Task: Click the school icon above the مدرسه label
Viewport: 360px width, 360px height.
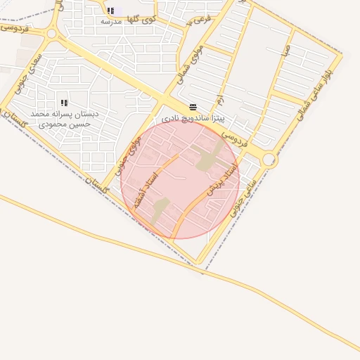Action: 110,11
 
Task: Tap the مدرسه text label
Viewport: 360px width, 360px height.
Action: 111,22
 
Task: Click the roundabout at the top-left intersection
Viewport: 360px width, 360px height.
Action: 51,33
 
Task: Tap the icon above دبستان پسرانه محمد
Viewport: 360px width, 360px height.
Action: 64,103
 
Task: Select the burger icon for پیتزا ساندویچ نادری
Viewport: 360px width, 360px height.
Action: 193,107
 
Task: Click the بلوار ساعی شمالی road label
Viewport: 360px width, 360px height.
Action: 316,91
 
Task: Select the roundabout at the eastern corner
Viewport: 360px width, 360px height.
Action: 269,160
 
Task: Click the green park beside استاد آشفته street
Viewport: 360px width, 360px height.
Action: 160,208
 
